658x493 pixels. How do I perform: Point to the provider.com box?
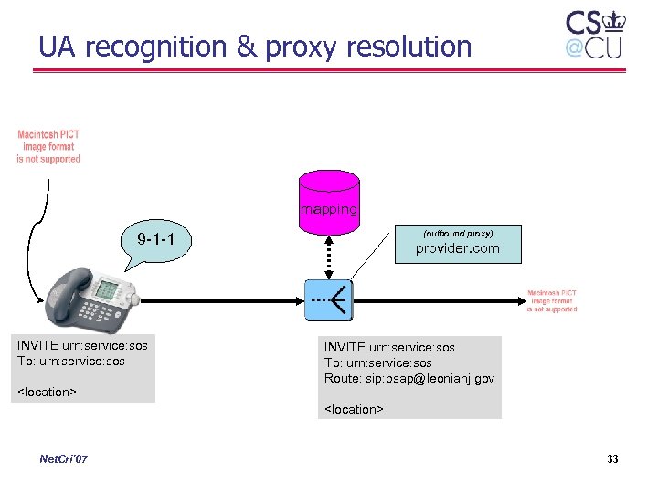457,244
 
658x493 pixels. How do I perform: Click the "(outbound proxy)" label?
457,234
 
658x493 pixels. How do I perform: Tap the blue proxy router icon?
328,299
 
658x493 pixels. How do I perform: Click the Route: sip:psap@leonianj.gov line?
409,378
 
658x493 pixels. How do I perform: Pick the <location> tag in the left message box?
47,393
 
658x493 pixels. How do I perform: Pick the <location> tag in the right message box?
354,409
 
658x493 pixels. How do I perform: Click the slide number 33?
612,458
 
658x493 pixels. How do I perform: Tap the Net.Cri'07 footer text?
64,458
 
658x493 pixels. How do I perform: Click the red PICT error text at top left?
48,146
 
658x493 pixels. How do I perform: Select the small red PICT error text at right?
552,301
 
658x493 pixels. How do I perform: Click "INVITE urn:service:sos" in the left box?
82,345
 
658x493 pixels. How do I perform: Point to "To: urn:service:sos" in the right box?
378,362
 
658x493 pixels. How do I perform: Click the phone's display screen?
107,289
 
